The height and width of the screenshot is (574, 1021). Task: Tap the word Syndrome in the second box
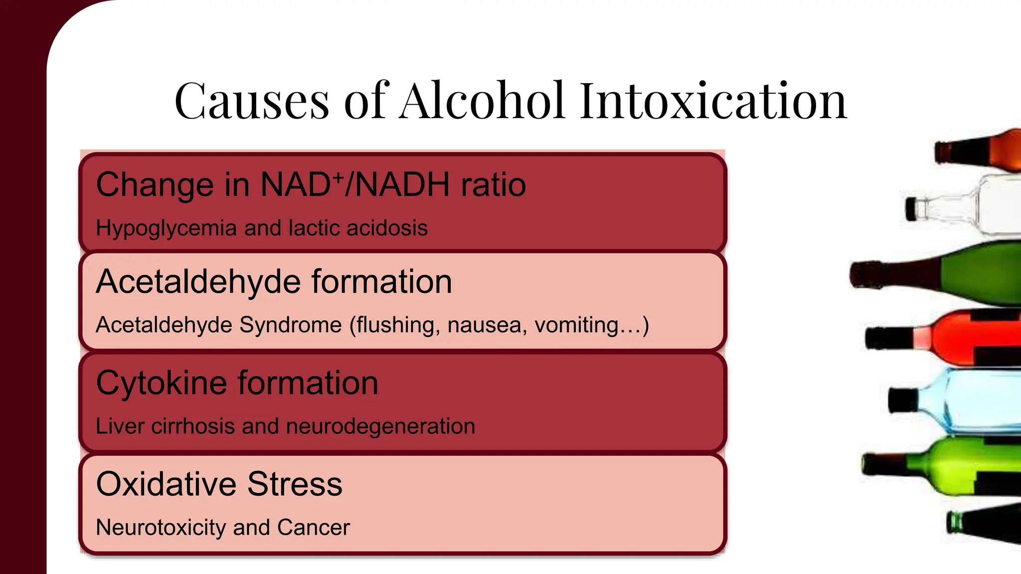290,325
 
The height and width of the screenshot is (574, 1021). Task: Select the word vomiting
591,325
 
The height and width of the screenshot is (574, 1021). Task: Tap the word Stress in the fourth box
295,484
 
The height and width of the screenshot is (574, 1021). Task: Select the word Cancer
314,528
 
